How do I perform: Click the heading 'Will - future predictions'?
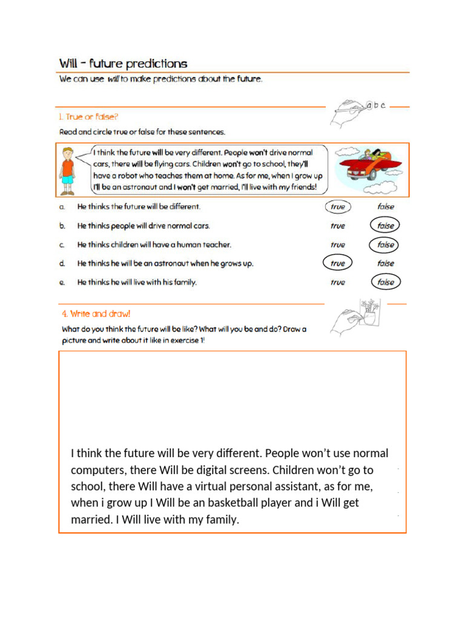point(123,64)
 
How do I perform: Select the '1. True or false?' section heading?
point(88,117)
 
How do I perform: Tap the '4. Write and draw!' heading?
point(96,314)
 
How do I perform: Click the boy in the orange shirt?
point(67,170)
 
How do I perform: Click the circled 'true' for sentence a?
point(338,206)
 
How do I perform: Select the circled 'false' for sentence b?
point(385,226)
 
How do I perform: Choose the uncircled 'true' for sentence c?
point(338,245)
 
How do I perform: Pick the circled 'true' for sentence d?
point(338,263)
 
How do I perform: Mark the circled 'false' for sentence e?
point(385,282)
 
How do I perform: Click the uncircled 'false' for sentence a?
point(385,206)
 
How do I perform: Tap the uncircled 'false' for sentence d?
point(385,263)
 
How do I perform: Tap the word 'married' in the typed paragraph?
point(91,519)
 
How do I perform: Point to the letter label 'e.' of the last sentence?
point(62,282)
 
